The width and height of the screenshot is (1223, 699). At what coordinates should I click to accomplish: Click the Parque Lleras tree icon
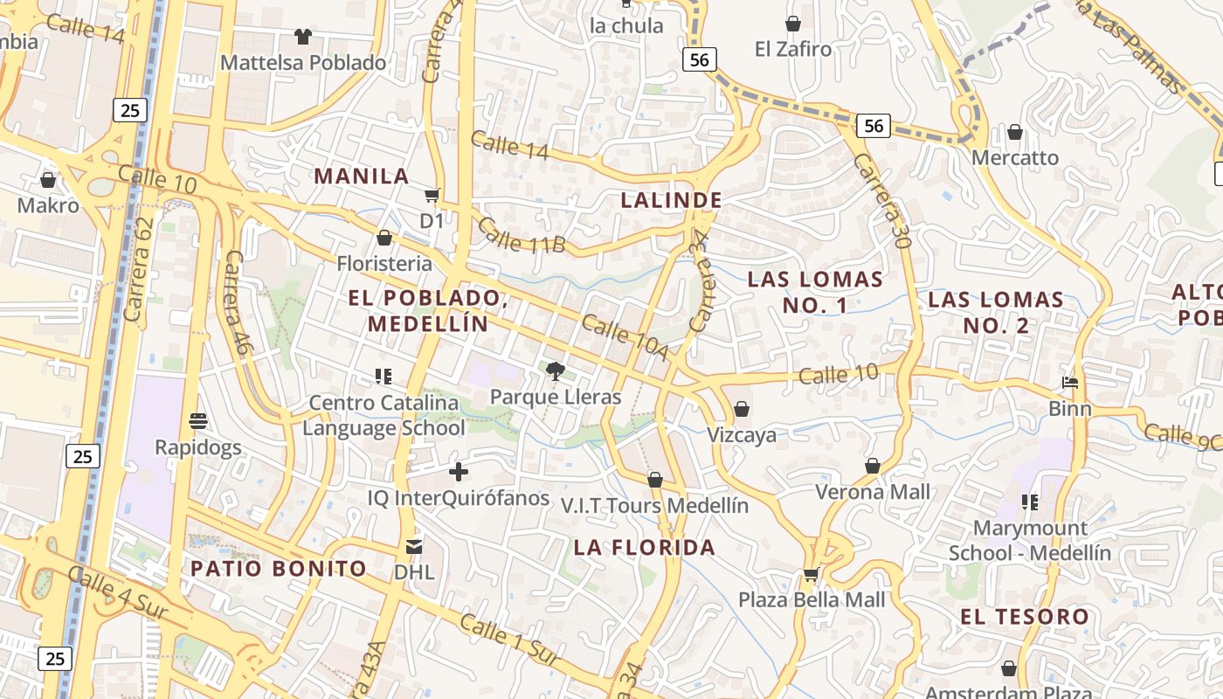(x=555, y=371)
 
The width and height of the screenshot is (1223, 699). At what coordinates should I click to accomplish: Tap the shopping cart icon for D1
(x=432, y=196)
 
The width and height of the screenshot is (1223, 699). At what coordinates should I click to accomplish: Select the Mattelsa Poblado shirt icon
(x=302, y=37)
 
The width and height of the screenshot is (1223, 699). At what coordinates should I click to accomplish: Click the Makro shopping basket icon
(x=48, y=180)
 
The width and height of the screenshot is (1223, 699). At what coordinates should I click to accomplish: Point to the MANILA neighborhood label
(x=362, y=176)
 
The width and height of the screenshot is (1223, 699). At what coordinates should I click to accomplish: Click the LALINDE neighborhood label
(x=671, y=200)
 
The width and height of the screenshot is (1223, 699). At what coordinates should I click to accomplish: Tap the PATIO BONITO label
(x=279, y=569)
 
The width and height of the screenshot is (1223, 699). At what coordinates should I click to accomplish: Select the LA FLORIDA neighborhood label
(x=645, y=548)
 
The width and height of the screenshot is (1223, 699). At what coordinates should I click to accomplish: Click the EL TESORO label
(x=1025, y=617)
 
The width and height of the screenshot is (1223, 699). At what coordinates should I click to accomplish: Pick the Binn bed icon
(x=1070, y=383)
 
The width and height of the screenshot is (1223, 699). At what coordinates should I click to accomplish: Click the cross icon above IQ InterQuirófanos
(x=458, y=473)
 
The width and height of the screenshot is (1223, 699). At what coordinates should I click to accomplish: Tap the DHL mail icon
(x=414, y=547)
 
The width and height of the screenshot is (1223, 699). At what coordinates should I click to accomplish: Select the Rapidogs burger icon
(x=197, y=421)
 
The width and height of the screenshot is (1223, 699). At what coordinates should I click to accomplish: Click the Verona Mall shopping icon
(x=872, y=466)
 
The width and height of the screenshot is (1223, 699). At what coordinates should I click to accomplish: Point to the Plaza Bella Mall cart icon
(x=811, y=574)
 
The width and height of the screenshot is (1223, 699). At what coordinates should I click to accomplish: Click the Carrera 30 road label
(x=882, y=202)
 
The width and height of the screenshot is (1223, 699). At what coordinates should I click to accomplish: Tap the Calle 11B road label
(x=521, y=235)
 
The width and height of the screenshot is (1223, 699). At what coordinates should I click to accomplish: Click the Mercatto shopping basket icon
(x=1014, y=132)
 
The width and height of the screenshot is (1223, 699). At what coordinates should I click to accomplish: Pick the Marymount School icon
(x=1029, y=502)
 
